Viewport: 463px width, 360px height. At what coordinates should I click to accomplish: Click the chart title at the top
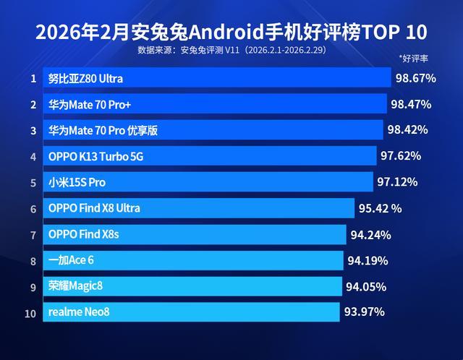tap(231, 33)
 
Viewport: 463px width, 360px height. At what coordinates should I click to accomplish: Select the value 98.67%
tap(415, 78)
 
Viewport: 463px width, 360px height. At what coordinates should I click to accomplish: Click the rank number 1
tap(33, 78)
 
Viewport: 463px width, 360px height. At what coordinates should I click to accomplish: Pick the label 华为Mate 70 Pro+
tap(90, 105)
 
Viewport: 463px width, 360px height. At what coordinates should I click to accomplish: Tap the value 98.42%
tap(407, 130)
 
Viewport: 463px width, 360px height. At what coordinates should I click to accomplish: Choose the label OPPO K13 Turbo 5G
tap(91, 156)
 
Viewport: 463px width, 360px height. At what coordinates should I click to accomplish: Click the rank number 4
tap(33, 156)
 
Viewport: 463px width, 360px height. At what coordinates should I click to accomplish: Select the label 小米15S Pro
tap(77, 182)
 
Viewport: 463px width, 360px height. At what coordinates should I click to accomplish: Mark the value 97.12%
tap(398, 181)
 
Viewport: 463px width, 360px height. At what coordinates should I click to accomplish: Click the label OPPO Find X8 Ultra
tap(94, 208)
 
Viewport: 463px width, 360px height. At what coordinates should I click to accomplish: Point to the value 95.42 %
tap(380, 208)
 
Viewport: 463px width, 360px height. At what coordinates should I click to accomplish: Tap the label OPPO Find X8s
tap(83, 234)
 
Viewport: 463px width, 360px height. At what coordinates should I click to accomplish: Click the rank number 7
tap(33, 234)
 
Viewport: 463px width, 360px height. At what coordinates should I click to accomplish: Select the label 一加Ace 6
tap(71, 260)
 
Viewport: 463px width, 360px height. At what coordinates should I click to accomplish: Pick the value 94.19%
tap(368, 260)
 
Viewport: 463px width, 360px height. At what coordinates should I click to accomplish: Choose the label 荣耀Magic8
tap(75, 286)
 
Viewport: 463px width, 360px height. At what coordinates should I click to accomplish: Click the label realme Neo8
tap(79, 312)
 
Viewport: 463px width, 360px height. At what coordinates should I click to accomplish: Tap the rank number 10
tap(30, 312)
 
